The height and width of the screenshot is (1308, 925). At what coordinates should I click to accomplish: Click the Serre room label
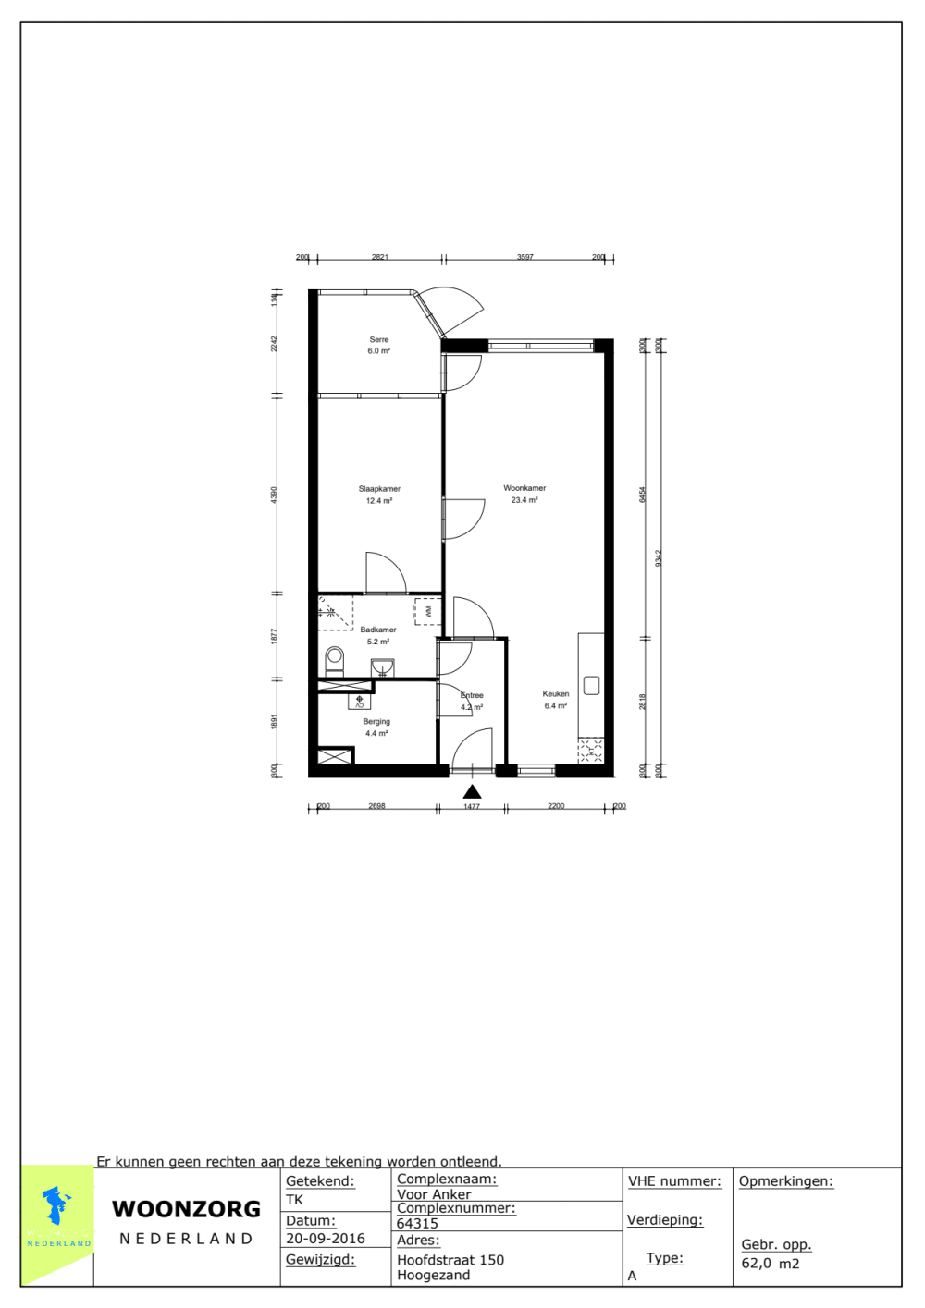click(379, 340)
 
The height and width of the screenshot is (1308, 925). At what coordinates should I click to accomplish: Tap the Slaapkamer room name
click(379, 489)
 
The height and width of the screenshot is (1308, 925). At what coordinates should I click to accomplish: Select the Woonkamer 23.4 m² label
click(524, 494)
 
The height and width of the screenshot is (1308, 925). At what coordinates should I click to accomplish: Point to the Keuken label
click(556, 694)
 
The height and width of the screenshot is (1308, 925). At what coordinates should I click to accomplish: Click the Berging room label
click(376, 722)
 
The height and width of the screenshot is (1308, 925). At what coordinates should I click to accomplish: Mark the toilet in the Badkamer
click(335, 660)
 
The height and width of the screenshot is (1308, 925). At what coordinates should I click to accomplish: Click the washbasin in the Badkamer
click(382, 667)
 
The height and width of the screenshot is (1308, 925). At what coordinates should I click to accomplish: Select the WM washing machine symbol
click(427, 612)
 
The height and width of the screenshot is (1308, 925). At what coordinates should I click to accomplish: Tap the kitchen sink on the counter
click(592, 685)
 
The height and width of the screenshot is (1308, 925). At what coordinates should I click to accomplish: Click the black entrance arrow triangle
click(472, 791)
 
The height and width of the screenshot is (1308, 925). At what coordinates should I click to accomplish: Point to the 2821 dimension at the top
click(380, 257)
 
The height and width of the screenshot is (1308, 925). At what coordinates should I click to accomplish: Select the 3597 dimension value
click(525, 257)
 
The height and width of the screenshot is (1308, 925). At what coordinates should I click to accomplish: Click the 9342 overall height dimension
click(659, 557)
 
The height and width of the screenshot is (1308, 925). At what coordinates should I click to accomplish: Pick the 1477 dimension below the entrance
click(472, 807)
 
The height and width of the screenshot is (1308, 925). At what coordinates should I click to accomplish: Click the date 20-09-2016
click(326, 1239)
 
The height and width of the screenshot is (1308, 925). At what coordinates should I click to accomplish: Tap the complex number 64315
click(417, 1223)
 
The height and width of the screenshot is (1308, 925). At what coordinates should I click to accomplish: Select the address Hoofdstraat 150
click(450, 1260)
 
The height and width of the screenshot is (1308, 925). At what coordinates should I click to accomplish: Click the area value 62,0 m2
click(771, 1264)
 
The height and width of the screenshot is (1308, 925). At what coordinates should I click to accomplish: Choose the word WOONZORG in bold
click(187, 1209)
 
